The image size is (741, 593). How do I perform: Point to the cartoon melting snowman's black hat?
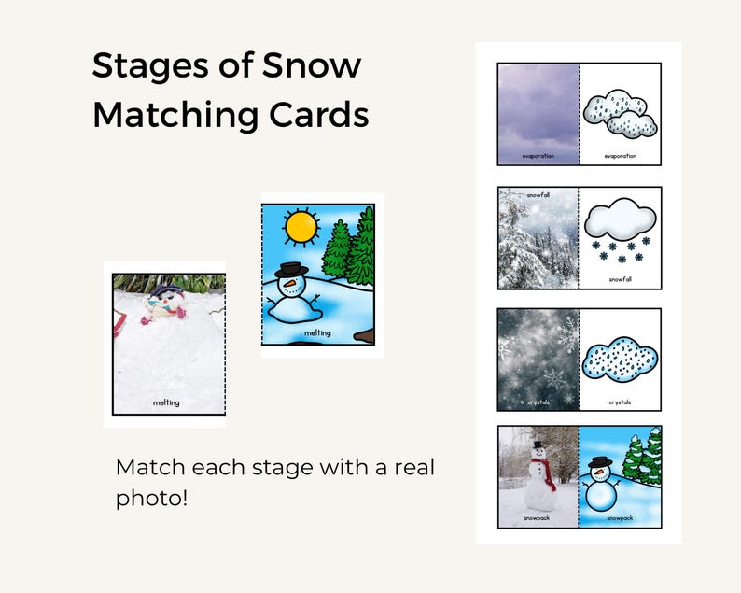click(x=292, y=271)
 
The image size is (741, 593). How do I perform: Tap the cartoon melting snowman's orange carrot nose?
click(x=296, y=283)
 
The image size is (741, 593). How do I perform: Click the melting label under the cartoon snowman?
click(x=317, y=332)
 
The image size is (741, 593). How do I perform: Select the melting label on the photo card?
click(x=166, y=402)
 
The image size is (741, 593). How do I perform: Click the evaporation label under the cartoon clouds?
click(x=620, y=157)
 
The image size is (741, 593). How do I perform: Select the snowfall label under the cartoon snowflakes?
click(x=620, y=279)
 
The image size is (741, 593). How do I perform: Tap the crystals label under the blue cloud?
click(x=620, y=402)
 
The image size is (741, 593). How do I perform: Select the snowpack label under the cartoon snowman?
click(x=620, y=517)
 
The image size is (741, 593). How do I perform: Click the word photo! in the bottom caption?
click(x=151, y=498)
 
